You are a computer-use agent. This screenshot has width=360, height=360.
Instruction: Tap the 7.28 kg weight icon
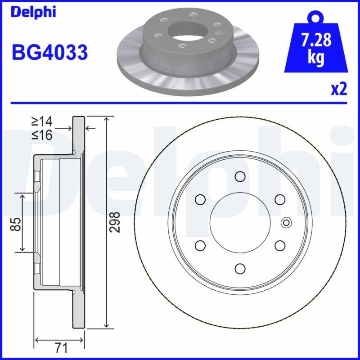(317, 45)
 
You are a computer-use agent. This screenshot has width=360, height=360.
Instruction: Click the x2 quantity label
(339, 89)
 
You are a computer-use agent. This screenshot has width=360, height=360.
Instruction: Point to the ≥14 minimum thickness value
(41, 121)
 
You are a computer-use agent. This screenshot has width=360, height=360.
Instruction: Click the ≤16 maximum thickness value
(41, 135)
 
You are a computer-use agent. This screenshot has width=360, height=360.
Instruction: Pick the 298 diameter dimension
(116, 222)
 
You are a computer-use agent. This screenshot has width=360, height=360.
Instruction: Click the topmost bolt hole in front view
(240, 176)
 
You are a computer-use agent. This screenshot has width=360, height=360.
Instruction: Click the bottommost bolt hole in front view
(240, 268)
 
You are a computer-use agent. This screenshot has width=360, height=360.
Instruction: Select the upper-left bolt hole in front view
(200, 199)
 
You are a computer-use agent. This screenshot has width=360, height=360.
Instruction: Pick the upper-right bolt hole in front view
(280, 199)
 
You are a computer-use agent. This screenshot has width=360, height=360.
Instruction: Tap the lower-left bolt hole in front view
(200, 245)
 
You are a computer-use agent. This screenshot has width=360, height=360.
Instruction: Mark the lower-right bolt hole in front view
(280, 245)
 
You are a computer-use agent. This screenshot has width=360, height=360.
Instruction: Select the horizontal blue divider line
(180, 103)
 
